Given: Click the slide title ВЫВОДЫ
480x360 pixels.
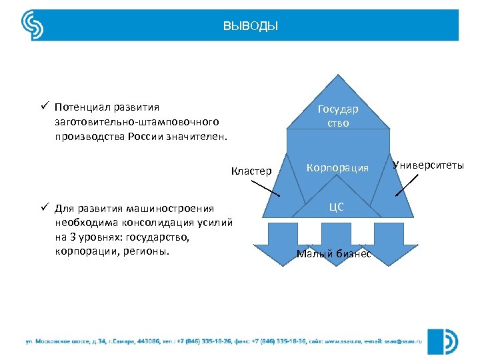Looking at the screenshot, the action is pyautogui.click(x=251, y=27).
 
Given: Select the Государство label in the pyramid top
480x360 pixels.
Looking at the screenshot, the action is pyautogui.click(x=337, y=116).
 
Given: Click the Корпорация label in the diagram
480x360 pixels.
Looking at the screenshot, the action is pyautogui.click(x=337, y=167).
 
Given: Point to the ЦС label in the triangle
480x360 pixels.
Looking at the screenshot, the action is pyautogui.click(x=337, y=207).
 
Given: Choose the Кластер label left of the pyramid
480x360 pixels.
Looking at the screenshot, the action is pyautogui.click(x=251, y=171).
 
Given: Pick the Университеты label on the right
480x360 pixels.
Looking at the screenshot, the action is pyautogui.click(x=428, y=165).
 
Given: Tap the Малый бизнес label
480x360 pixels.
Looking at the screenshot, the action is pyautogui.click(x=333, y=253).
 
